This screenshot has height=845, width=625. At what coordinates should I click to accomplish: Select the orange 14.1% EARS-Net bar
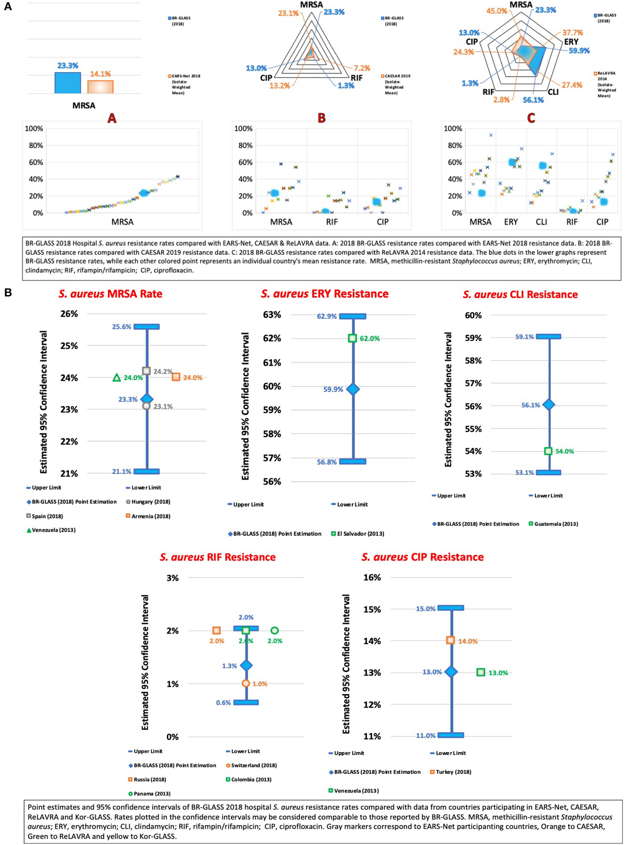[100, 87]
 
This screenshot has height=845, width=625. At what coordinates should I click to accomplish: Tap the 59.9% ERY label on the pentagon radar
[579, 50]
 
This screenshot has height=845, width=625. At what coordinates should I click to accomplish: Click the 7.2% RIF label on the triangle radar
[362, 68]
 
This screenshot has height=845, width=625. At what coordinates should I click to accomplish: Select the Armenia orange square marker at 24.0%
[176, 377]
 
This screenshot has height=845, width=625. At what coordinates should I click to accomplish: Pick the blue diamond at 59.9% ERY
[353, 389]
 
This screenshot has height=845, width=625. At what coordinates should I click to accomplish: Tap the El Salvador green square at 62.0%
[353, 338]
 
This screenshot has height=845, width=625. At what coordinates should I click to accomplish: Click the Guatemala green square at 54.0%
[548, 451]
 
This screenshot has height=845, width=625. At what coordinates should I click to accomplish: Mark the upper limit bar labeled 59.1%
[549, 337]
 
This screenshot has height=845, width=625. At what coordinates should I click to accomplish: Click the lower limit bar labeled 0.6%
[246, 702]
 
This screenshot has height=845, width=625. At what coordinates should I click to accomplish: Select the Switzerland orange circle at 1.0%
[246, 683]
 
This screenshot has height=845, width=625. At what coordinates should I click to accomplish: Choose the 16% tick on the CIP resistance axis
[372, 577]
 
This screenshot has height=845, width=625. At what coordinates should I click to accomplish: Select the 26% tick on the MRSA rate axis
[69, 314]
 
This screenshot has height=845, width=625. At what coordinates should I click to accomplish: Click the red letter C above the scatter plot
[531, 118]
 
